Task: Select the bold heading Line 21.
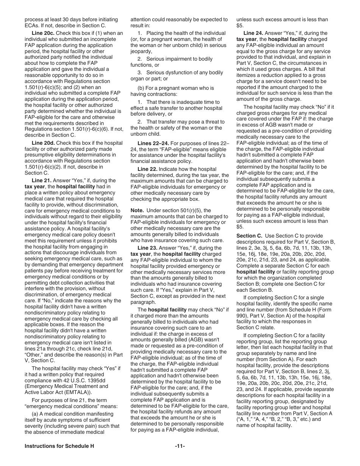tap(42, 181)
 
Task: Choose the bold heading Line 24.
tap(254, 33)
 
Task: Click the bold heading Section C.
tap(249, 236)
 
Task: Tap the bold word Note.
tap(137, 211)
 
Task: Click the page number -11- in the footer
tap(180, 446)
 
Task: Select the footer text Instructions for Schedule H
tap(59, 446)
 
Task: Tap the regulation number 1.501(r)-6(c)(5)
tap(44, 81)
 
